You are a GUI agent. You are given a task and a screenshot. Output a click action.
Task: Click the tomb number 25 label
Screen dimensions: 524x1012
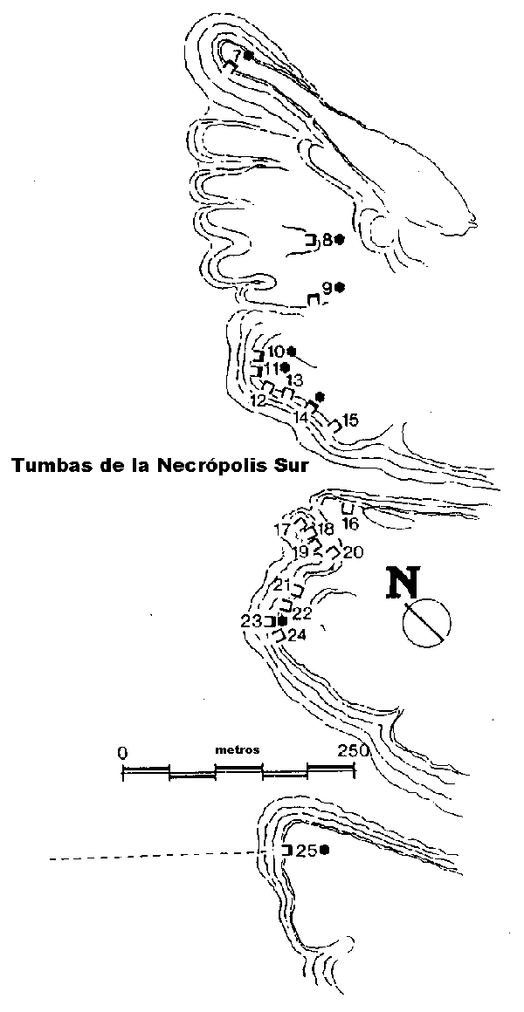pyautogui.click(x=307, y=851)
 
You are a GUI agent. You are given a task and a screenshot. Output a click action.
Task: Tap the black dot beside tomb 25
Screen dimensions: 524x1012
pyautogui.click(x=324, y=850)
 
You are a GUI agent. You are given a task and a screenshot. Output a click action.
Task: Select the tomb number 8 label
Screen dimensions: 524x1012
pyautogui.click(x=327, y=240)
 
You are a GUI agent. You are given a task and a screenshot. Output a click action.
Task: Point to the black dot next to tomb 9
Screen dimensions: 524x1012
pyautogui.click(x=340, y=287)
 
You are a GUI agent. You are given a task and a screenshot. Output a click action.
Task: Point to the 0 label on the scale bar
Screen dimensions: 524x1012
pyautogui.click(x=122, y=753)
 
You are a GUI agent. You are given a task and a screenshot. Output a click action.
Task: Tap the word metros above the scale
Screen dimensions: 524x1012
pyautogui.click(x=238, y=750)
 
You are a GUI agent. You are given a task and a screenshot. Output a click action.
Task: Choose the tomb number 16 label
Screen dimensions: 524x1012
pyautogui.click(x=350, y=523)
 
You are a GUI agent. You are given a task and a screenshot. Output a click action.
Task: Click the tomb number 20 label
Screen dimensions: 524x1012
pyautogui.click(x=354, y=552)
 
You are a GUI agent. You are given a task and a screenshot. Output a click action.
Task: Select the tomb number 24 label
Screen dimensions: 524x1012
pyautogui.click(x=297, y=636)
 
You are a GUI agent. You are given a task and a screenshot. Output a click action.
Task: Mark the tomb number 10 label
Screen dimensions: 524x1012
pyautogui.click(x=275, y=352)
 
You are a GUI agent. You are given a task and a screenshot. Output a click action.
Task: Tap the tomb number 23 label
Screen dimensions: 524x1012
pyautogui.click(x=251, y=621)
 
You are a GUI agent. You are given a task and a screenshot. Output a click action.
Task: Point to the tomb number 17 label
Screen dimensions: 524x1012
pyautogui.click(x=282, y=530)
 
